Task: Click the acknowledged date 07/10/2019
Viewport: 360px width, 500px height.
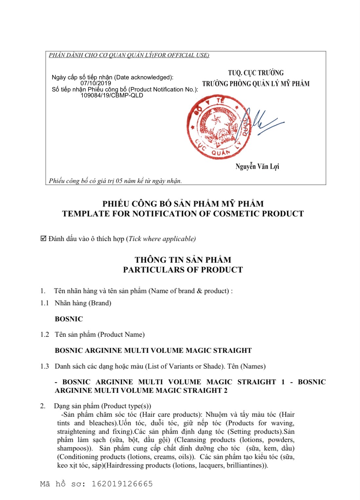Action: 96,83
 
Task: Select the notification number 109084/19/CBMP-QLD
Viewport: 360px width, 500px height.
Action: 112,95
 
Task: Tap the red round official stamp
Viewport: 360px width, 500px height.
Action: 219,127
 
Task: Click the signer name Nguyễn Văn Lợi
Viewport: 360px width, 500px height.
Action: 257,167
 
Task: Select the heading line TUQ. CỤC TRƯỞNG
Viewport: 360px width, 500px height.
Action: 256,73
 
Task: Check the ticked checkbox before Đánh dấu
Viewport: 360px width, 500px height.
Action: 43,238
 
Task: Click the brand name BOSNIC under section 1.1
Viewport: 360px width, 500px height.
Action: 69,319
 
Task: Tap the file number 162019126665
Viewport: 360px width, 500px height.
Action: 122,484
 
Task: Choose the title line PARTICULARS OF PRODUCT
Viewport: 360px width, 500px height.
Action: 183,270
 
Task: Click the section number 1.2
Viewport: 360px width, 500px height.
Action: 45,334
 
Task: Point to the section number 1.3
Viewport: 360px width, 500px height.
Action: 45,366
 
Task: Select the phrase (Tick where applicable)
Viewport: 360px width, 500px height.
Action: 161,239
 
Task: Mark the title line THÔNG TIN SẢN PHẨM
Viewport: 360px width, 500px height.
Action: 183,260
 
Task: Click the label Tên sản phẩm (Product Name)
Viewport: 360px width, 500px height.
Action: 100,334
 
